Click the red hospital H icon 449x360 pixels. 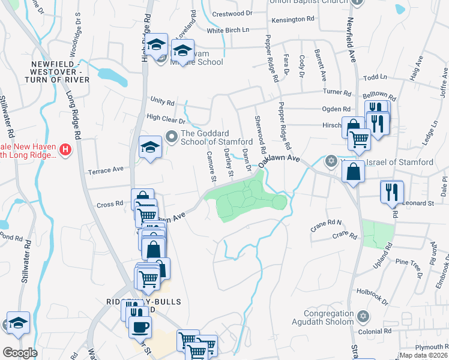coord(67,149)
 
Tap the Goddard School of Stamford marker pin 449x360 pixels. coord(171,137)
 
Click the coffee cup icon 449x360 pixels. coord(140,327)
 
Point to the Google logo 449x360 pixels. coord(20,353)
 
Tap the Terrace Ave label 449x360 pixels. coord(105,170)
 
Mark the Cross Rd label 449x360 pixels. coord(110,205)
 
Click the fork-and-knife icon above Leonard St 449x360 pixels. coord(390,192)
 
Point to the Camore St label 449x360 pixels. coord(211,166)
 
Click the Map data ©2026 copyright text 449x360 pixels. coord(423,355)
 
